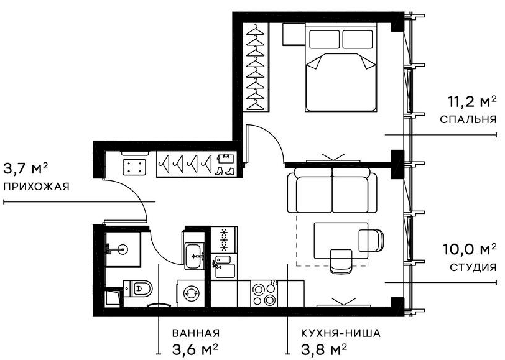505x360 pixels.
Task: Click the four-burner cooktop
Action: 264,293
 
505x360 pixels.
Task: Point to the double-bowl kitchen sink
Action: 223,266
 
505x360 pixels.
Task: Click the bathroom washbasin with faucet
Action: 194,255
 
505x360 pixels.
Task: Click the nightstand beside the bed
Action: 292,35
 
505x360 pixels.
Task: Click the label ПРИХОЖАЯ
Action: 35,187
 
